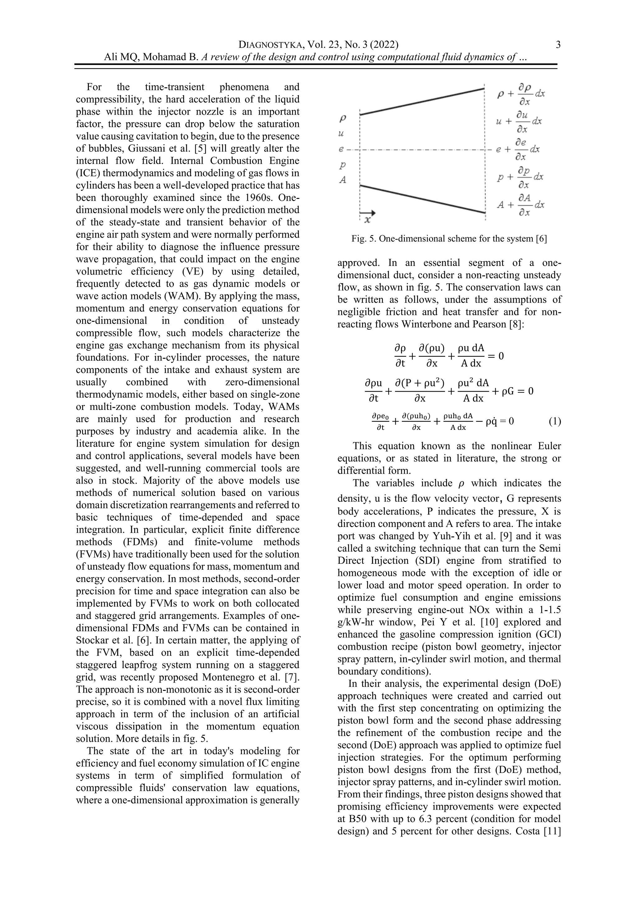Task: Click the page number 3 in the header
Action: point(558,45)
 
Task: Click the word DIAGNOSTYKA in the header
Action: point(270,45)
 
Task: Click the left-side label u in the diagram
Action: point(341,134)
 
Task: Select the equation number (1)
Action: point(555,421)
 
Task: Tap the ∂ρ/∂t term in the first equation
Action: point(400,356)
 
